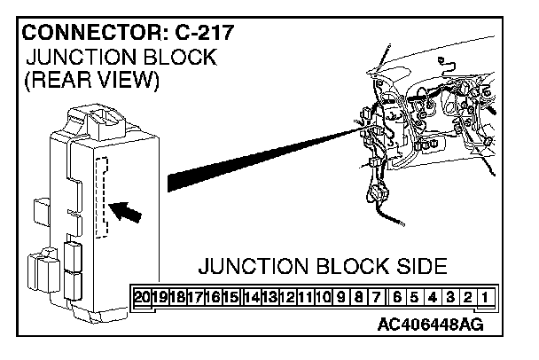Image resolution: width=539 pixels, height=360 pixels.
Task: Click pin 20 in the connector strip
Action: [142, 295]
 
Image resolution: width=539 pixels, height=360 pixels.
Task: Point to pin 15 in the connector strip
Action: [232, 295]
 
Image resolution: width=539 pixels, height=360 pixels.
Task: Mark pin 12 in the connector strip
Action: [285, 295]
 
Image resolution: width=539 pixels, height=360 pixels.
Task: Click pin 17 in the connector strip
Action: [196, 295]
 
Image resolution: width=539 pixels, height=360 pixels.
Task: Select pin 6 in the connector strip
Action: [396, 295]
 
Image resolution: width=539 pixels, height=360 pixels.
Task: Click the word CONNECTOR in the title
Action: [83, 35]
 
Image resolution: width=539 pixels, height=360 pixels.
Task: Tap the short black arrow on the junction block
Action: [128, 211]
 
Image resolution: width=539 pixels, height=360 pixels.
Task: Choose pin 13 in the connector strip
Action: [268, 295]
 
